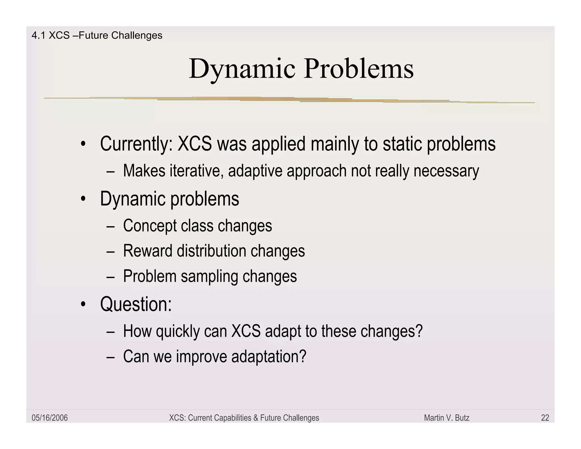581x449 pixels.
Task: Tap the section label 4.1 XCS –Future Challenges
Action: click(x=97, y=35)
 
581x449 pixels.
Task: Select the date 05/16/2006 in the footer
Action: click(x=50, y=418)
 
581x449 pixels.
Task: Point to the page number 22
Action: click(x=545, y=418)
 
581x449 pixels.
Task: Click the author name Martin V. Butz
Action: click(x=447, y=418)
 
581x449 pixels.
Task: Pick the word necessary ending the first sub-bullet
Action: click(x=446, y=171)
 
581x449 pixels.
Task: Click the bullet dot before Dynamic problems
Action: click(x=83, y=199)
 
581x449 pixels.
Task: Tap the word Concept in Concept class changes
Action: click(x=150, y=226)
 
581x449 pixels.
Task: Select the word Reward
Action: click(x=148, y=251)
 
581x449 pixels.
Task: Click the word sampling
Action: click(x=209, y=276)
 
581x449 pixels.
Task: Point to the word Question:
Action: click(x=136, y=304)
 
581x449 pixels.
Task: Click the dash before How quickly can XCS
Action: click(x=111, y=331)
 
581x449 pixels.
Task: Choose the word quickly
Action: click(x=178, y=331)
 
